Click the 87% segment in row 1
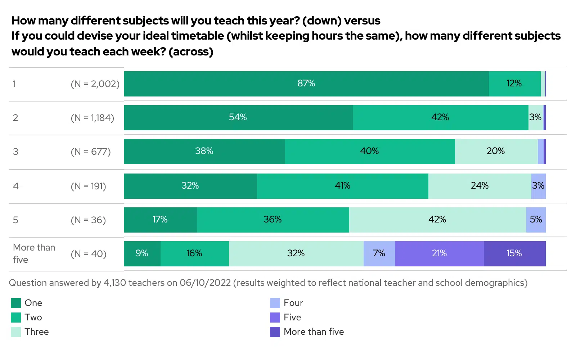click(306, 84)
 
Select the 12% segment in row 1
click(514, 84)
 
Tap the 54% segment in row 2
click(238, 117)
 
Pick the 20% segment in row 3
click(496, 151)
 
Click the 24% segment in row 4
click(480, 186)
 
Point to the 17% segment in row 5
click(160, 220)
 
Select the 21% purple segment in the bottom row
click(439, 253)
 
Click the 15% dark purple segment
click(514, 253)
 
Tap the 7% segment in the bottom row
click(379, 253)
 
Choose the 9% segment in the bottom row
click(142, 253)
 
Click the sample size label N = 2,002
click(95, 84)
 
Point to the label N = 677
click(91, 152)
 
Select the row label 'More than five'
click(34, 253)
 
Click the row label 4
click(16, 186)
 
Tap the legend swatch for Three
click(16, 332)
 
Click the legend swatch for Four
click(275, 303)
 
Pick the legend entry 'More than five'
click(314, 332)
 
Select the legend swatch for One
click(16, 303)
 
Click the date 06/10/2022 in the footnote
click(205, 283)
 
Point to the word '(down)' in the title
click(321, 21)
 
